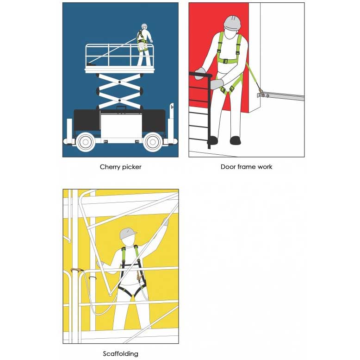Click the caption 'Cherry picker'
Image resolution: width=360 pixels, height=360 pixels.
[x=120, y=167]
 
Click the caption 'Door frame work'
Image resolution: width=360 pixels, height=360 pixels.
[x=246, y=167]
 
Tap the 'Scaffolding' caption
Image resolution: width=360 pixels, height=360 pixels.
[x=120, y=354]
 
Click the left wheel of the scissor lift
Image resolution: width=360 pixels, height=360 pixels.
[x=86, y=142]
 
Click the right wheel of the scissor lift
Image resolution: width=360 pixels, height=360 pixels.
[x=153, y=142]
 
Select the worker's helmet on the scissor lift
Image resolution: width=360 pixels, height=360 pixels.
[x=144, y=25]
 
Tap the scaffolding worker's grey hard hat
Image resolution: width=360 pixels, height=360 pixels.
[x=127, y=234]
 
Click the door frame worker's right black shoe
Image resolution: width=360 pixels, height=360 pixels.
[x=236, y=140]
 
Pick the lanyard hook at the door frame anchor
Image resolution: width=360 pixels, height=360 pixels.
[x=261, y=92]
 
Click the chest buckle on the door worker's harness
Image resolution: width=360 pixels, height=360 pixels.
[x=225, y=61]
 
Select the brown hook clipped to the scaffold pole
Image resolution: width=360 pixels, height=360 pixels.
[x=77, y=270]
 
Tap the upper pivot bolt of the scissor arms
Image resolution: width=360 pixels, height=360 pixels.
[x=120, y=82]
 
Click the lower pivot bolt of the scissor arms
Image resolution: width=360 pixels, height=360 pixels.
[x=120, y=101]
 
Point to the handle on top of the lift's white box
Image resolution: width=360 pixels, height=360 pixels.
[x=121, y=108]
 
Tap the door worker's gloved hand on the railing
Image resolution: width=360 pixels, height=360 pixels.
[x=201, y=73]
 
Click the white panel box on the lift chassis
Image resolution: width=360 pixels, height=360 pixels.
[x=121, y=126]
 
